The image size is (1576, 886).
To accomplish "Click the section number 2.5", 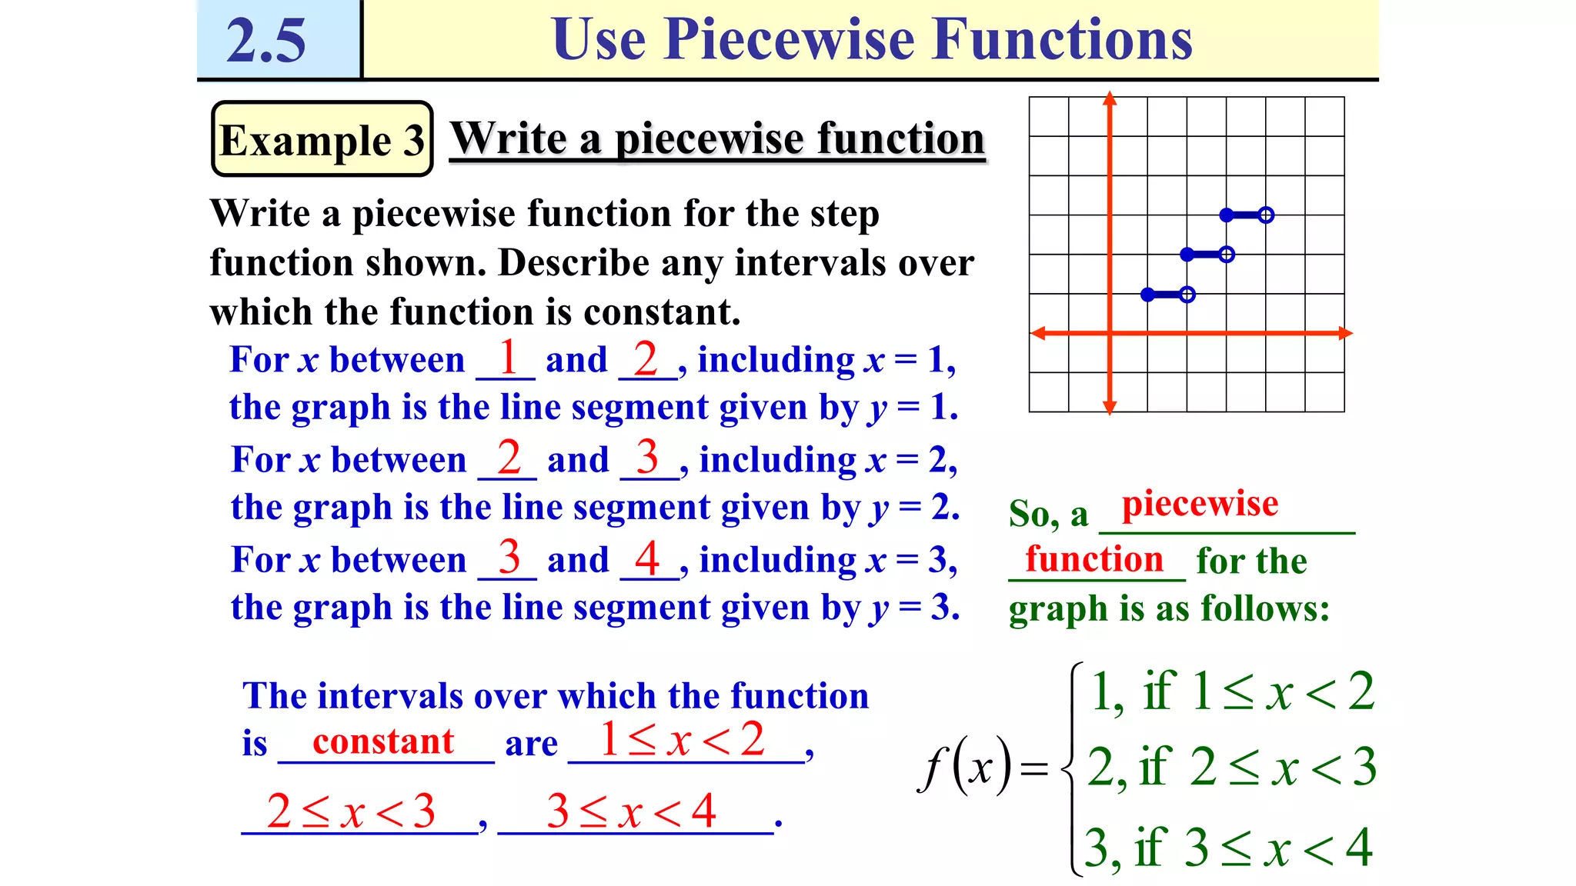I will pos(265,40).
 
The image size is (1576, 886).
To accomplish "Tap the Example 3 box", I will pos(322,139).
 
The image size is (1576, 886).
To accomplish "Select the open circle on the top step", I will pos(1266,215).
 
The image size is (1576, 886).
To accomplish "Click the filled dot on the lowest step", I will pos(1147,295).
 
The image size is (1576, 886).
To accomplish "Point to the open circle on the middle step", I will pos(1227,255).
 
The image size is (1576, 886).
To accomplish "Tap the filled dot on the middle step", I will pos(1187,255).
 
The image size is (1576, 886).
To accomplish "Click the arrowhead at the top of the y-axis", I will pos(1109,98).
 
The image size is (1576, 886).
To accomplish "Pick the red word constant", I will pos(383,741).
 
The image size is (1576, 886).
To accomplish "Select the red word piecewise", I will pos(1200,504).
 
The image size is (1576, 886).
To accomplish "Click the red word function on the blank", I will pos(1094,559).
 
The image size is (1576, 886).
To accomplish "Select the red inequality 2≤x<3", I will pos(351,811).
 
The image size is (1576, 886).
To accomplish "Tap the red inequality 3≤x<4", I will pos(631,811).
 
